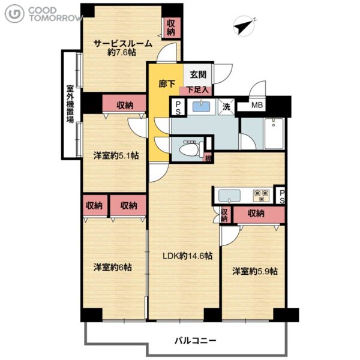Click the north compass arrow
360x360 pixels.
(x=241, y=28)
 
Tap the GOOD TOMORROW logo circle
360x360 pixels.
(x=14, y=14)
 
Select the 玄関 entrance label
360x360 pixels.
(x=198, y=74)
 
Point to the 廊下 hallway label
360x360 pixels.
(x=167, y=84)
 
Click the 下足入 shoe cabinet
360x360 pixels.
(x=197, y=90)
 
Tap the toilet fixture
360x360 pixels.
(x=191, y=149)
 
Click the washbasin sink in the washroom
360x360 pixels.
(x=201, y=107)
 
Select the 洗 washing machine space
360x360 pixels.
(x=226, y=107)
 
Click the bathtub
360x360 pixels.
(x=274, y=133)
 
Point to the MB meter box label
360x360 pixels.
(x=257, y=105)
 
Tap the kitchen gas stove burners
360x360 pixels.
(x=261, y=196)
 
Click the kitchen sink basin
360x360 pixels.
(x=229, y=196)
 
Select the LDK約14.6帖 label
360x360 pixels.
(x=187, y=256)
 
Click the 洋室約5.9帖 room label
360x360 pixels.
(x=255, y=271)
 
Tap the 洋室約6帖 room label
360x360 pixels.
(x=113, y=267)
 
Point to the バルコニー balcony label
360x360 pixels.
(x=196, y=340)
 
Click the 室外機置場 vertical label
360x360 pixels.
(x=70, y=104)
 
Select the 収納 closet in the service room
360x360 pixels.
(x=171, y=28)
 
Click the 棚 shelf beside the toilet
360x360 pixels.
(x=208, y=158)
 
